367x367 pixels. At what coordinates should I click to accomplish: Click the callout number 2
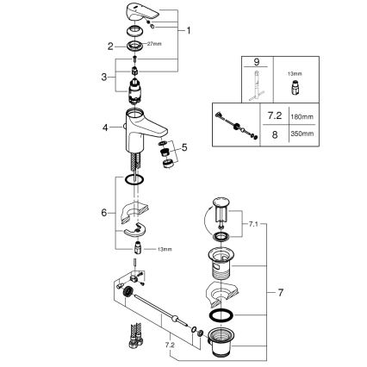click(111, 47)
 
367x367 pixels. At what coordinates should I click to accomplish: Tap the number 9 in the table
click(255, 63)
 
